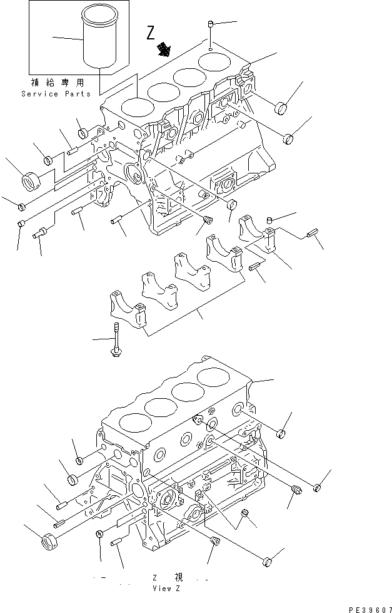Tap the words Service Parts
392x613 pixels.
pyautogui.click(x=56, y=94)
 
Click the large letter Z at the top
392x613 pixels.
pyautogui.click(x=151, y=33)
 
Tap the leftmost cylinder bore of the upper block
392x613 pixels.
pyautogui.click(x=136, y=106)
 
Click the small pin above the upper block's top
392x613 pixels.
pyautogui.click(x=211, y=24)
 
